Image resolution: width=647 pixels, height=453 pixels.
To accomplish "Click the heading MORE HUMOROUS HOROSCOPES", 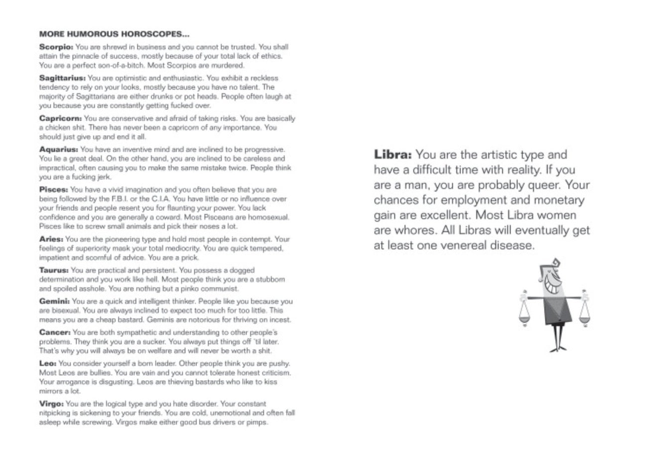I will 114,34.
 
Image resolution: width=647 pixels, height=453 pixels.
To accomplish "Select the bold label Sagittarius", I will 62,78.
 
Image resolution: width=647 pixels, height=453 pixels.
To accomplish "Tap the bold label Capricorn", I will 60,119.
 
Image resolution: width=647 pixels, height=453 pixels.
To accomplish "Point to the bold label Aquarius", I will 58,150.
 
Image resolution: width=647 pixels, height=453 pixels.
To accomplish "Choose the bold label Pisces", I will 54,190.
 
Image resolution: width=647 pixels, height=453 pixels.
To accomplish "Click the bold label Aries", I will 51,239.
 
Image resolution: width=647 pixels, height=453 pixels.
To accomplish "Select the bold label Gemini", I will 54,302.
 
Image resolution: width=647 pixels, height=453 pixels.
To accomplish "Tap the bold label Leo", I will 48,363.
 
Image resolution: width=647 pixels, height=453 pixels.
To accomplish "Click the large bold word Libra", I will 392,155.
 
